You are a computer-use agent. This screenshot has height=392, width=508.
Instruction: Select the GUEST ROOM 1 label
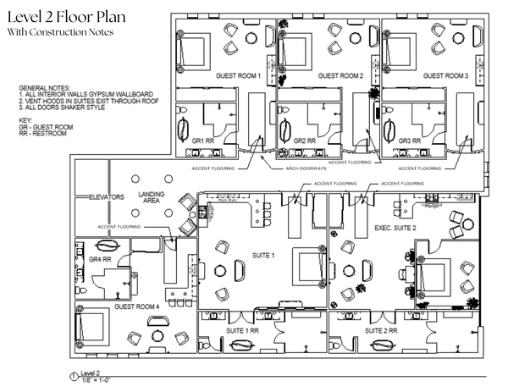click(x=238, y=75)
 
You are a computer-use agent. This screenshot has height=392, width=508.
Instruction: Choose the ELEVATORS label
click(x=108, y=196)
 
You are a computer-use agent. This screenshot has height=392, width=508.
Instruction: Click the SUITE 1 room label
click(x=264, y=254)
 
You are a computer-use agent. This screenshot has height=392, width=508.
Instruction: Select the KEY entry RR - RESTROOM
click(x=41, y=133)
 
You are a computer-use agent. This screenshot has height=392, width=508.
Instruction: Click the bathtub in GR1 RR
click(x=186, y=129)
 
